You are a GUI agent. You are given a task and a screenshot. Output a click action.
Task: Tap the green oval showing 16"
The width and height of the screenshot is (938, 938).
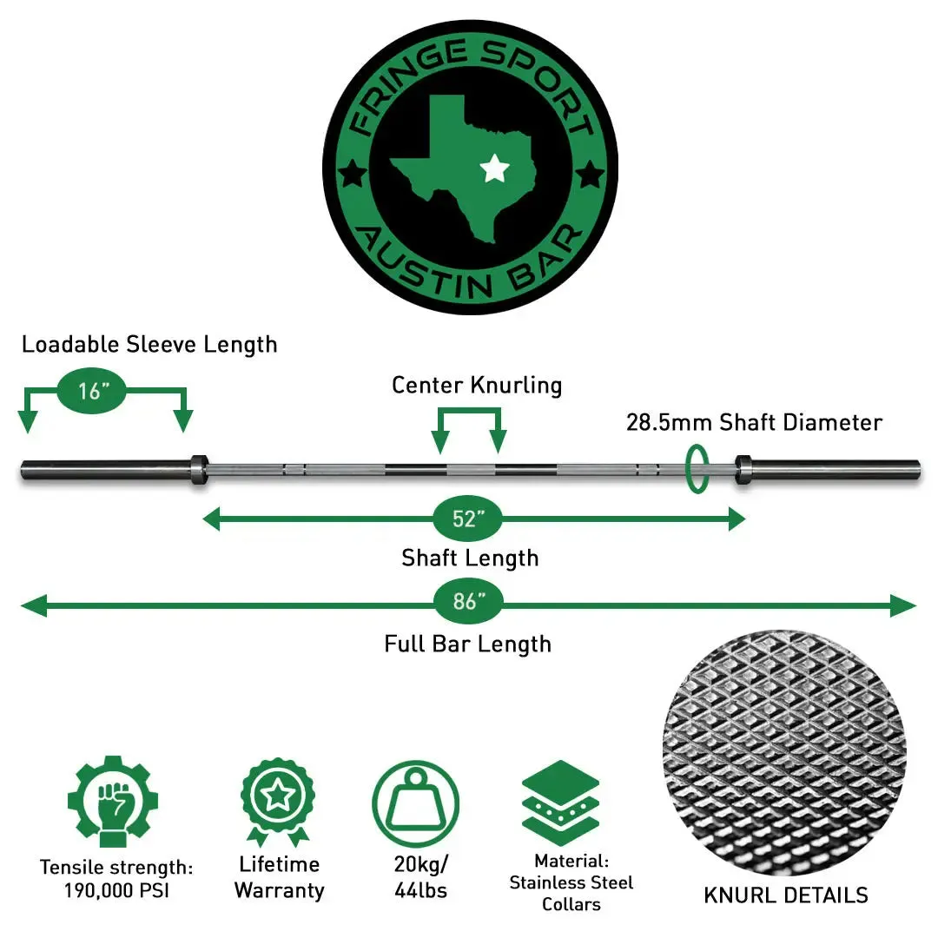91,391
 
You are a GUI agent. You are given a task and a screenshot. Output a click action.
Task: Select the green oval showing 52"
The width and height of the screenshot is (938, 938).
467,519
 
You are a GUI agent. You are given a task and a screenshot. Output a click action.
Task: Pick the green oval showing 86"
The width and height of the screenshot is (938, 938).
467,602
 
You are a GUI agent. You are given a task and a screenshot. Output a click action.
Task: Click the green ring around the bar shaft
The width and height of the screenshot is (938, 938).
696,469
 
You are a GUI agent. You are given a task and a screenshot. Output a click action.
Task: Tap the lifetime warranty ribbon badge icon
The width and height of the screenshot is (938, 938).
278,800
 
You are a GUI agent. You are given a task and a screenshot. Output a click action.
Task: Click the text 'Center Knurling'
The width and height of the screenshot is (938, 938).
477,385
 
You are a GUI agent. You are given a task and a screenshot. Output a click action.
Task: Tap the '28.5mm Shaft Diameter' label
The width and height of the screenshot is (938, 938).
754,423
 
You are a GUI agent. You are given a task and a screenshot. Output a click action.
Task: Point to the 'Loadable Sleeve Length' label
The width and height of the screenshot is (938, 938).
149,344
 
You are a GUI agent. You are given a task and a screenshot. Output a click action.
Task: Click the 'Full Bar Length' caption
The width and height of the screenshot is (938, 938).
467,644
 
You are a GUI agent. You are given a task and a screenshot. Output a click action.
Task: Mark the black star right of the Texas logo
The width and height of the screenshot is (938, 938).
591,175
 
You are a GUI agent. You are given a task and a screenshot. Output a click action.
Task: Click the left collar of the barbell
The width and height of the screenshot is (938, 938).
197,469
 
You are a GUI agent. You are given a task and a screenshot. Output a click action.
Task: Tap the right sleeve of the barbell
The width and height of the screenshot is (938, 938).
834,469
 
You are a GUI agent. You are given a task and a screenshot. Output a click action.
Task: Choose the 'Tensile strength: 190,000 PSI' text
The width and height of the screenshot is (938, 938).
116,878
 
